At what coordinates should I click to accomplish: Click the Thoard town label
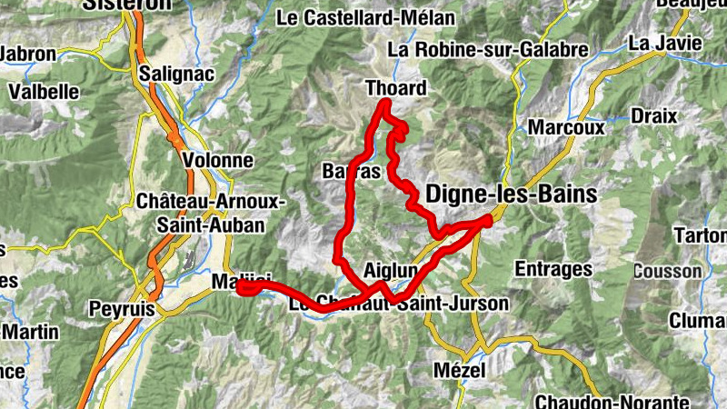click(395, 88)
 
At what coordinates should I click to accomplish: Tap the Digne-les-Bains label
click(512, 194)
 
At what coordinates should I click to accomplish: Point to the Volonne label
click(217, 160)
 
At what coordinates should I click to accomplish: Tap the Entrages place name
click(553, 269)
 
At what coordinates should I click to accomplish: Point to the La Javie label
click(664, 43)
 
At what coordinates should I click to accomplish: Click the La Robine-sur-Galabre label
click(488, 50)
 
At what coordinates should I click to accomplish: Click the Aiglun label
click(390, 271)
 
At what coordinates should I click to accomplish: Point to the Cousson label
click(667, 271)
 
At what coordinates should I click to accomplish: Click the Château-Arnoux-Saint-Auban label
click(210, 212)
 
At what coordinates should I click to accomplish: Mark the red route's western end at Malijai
click(242, 288)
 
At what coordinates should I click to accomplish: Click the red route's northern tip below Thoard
click(384, 105)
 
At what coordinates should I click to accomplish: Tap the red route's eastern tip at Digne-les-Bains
click(489, 218)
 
